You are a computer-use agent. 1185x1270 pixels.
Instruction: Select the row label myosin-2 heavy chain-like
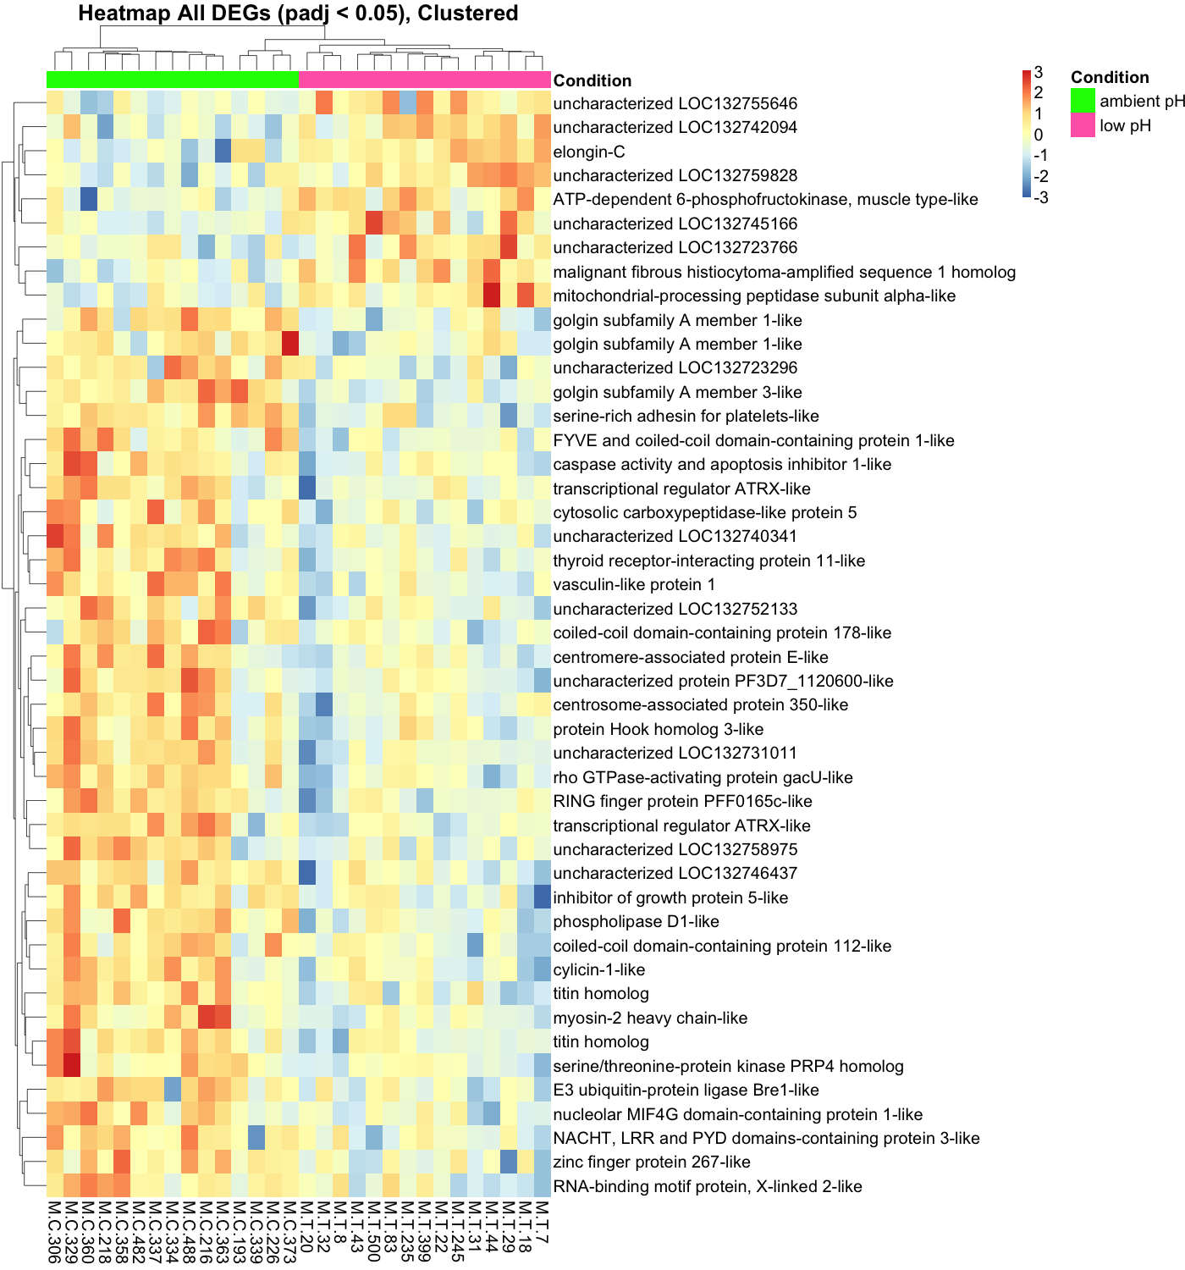tap(650, 1018)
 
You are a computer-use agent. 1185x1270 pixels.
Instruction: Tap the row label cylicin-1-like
tap(598, 969)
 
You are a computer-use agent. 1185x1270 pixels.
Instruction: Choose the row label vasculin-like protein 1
tap(634, 584)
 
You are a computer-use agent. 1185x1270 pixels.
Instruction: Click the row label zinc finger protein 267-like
tap(652, 1162)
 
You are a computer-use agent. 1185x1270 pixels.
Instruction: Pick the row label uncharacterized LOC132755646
tap(675, 103)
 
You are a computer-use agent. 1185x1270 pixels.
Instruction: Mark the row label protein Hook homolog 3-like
tap(658, 729)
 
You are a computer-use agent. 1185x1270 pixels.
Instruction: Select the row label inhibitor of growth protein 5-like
tap(670, 897)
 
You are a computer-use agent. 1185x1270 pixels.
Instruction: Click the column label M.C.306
tap(54, 1232)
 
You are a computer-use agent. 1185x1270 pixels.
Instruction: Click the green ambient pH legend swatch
tap(1083, 101)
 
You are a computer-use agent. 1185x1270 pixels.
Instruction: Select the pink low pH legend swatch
tap(1083, 125)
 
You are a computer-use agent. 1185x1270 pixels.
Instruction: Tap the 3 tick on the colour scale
tap(1039, 73)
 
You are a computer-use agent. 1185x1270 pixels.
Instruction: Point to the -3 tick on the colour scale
tap(1041, 198)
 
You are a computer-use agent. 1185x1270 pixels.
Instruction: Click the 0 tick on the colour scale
tap(1039, 135)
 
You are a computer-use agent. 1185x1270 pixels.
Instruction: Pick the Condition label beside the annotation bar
tap(592, 80)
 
